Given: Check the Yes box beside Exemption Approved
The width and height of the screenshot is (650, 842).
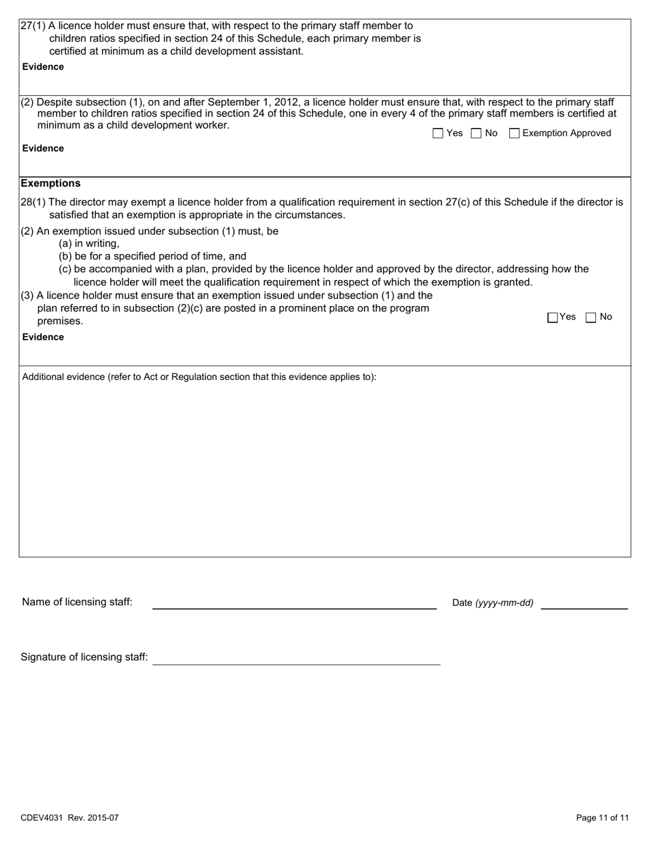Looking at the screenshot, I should click(x=439, y=133).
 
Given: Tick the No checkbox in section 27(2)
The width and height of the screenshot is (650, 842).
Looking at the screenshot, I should click(x=476, y=133).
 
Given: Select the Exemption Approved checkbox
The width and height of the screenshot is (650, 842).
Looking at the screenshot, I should click(x=515, y=133).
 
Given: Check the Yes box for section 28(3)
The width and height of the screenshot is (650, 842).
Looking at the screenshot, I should click(x=553, y=317).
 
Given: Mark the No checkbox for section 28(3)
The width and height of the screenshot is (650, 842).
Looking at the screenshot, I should click(x=592, y=317).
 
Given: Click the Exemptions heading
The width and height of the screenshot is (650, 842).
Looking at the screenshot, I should click(x=51, y=183).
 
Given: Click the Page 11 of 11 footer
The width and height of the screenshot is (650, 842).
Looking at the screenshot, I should click(x=602, y=817).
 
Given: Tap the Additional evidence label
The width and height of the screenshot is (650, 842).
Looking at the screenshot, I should click(x=199, y=377).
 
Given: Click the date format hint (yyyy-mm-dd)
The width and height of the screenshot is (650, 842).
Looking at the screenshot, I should click(x=504, y=603).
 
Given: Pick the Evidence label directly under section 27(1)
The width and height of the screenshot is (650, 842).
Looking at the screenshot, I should click(x=43, y=66).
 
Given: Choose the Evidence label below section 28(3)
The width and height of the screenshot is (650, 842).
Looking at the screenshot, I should click(x=43, y=337).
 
